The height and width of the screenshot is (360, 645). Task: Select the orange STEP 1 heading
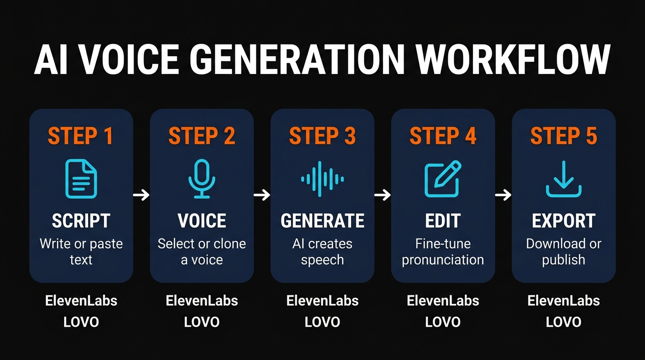tap(81, 136)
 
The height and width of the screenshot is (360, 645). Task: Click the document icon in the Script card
tap(81, 179)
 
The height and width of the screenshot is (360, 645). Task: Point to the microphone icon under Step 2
tap(202, 179)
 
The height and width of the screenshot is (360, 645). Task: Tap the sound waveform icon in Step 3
tap(322, 179)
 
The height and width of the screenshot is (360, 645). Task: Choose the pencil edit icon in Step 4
tap(443, 179)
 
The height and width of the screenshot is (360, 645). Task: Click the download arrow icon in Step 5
tap(563, 179)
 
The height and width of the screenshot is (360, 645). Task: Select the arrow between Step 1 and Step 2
tap(141, 195)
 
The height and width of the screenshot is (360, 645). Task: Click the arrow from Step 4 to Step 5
tap(503, 195)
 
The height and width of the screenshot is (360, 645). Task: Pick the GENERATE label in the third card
tap(322, 221)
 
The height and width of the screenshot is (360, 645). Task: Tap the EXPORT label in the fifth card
tap(563, 221)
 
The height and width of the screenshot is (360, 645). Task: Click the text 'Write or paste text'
tap(81, 252)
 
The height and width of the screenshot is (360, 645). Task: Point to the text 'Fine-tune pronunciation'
tap(443, 252)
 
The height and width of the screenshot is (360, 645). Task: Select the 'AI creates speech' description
tap(322, 252)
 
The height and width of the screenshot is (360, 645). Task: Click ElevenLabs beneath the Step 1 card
tap(81, 300)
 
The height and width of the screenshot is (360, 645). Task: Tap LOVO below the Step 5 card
tap(563, 322)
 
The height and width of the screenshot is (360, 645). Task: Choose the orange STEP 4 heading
tap(443, 136)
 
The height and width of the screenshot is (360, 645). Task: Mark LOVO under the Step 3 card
tap(322, 322)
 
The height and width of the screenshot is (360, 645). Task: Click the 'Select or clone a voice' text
tap(202, 252)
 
